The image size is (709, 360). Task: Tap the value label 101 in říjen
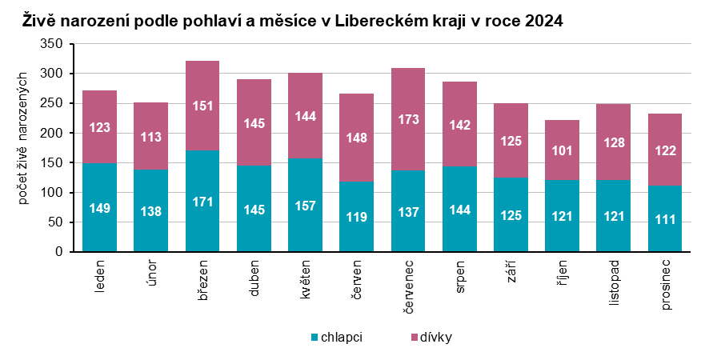click(x=562, y=150)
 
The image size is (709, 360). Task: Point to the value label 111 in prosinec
click(x=664, y=219)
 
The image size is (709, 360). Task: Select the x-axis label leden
click(x=100, y=275)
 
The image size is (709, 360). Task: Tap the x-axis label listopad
click(x=613, y=282)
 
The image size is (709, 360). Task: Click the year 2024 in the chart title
click(x=544, y=22)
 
